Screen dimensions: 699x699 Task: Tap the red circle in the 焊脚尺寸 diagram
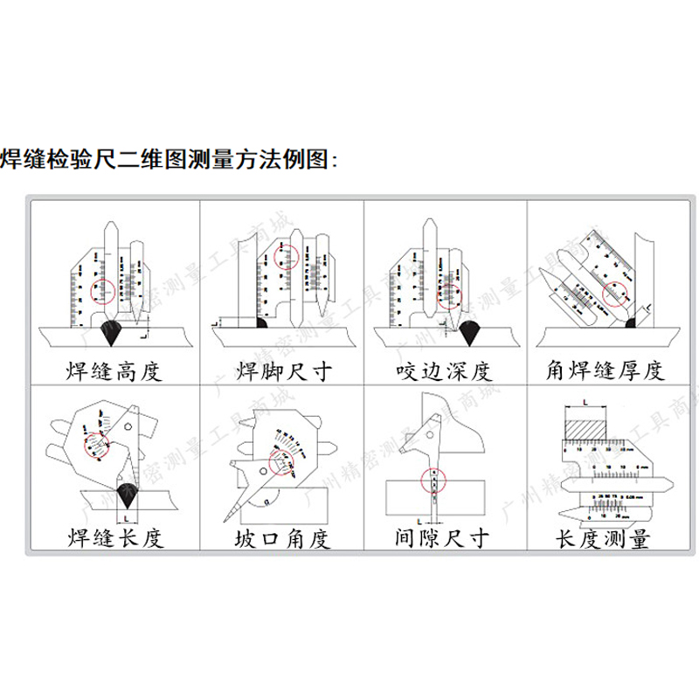click(286, 255)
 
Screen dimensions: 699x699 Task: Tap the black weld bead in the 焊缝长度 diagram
click(126, 491)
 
